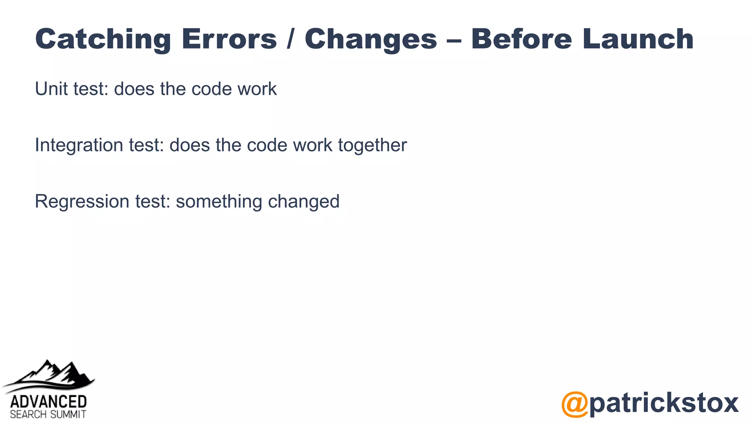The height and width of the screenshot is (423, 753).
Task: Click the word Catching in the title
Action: [103, 39]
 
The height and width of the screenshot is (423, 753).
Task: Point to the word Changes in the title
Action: [371, 39]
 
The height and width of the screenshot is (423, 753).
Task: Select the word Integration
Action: [79, 145]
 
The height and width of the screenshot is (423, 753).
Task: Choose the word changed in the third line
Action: [304, 201]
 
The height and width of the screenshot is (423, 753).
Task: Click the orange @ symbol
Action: [575, 404]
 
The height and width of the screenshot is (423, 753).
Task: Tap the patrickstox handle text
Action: [664, 403]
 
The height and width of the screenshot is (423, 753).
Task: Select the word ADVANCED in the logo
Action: [48, 402]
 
